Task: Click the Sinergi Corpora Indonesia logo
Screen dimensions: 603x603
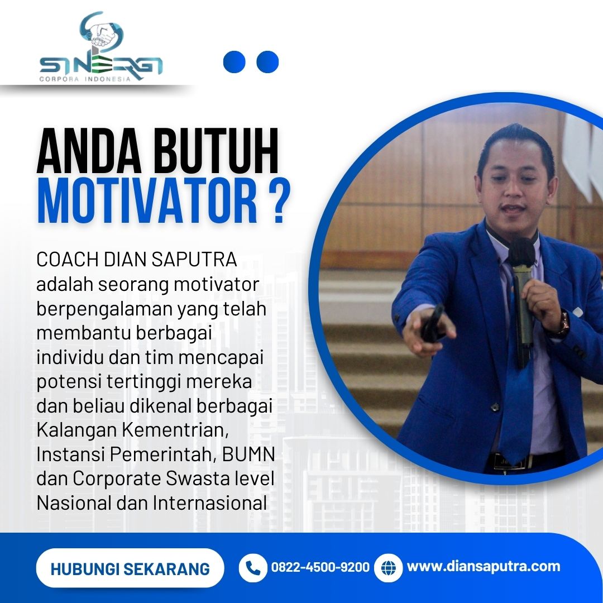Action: click(101, 47)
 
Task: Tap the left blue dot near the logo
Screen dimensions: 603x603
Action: click(234, 62)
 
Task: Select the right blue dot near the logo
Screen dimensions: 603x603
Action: click(267, 62)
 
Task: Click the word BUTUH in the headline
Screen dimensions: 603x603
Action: click(216, 152)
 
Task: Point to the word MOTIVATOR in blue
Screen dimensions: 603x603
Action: click(147, 201)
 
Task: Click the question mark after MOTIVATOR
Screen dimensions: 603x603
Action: click(277, 201)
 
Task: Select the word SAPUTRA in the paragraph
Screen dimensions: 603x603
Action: click(194, 260)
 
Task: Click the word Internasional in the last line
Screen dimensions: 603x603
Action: click(210, 503)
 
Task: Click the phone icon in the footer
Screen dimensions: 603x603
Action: click(253, 568)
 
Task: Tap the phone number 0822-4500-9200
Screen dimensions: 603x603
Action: click(320, 567)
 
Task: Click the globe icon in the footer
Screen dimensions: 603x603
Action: click(389, 568)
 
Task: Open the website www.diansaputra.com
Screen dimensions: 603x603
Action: click(484, 567)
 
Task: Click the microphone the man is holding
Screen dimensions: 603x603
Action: click(522, 294)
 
